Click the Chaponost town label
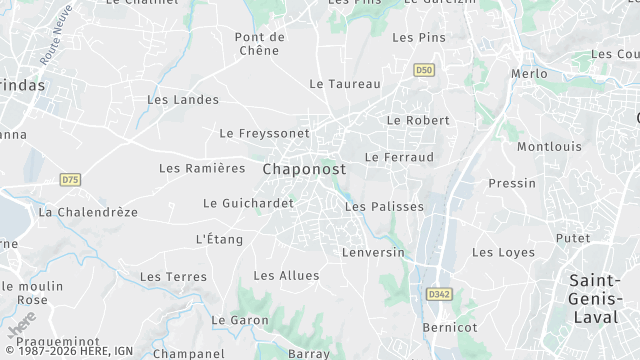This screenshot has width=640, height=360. [304, 170]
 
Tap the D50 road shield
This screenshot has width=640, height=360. [424, 69]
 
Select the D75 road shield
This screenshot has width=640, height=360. [69, 180]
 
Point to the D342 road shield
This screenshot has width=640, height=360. [438, 294]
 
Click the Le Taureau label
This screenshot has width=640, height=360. [345, 84]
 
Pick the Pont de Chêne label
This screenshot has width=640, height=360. [260, 44]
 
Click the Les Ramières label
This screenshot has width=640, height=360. [202, 168]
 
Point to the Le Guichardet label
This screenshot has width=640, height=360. [248, 203]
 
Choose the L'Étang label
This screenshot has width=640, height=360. [219, 239]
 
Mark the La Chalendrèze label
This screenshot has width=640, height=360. [88, 212]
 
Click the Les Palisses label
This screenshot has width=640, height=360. [384, 207]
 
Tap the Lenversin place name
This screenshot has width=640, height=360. [373, 252]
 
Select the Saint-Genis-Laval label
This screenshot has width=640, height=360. [598, 298]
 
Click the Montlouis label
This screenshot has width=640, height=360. [549, 147]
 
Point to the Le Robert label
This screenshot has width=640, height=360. [418, 120]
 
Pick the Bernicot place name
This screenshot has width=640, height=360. [450, 327]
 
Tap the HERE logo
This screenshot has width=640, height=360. [20, 325]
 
